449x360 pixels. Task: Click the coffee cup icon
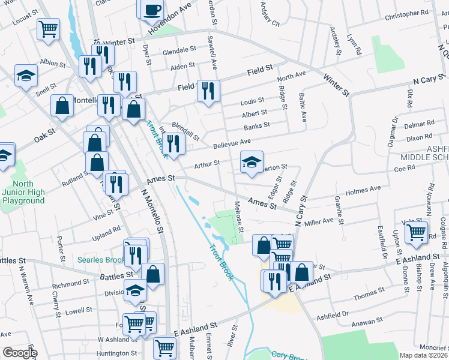tap(152, 9)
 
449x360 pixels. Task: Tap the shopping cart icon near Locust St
tap(48, 28)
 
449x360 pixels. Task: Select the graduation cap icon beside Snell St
tap(25, 76)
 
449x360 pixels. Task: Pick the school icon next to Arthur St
tap(252, 161)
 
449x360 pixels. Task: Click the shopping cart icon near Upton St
tap(417, 231)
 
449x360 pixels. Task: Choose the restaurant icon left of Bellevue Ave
tap(173, 144)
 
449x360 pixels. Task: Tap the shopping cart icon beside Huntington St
tap(164, 347)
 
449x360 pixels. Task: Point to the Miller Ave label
tap(319, 222)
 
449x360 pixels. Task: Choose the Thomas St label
tap(369, 296)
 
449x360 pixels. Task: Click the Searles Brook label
tap(100, 260)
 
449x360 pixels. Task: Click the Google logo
tap(20, 353)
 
